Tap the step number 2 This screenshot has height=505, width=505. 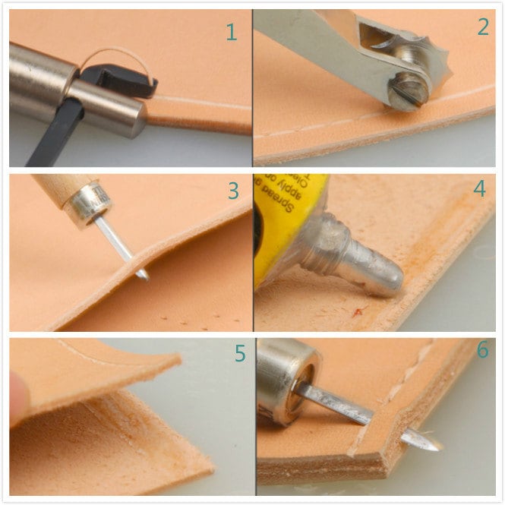(x=483, y=27)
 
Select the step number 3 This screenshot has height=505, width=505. (x=233, y=191)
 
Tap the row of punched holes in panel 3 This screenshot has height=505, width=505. (x=182, y=315)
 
